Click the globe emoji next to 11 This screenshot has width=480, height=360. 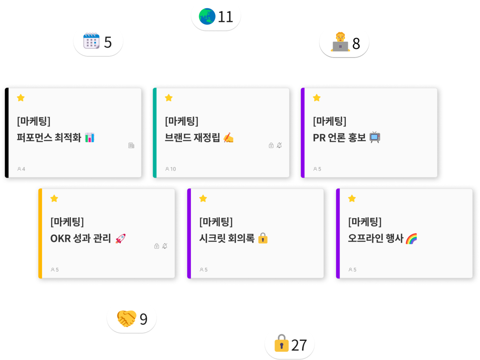(207, 16)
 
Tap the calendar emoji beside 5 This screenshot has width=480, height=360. (91, 40)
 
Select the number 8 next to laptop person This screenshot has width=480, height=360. (356, 43)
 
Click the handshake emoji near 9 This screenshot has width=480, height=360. (126, 318)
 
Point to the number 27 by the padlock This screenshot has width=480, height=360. (299, 345)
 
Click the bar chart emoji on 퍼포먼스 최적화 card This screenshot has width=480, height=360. (90, 138)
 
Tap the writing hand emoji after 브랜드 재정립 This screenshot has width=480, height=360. (228, 138)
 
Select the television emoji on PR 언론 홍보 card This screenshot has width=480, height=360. (375, 137)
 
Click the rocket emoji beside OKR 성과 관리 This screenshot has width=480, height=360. (120, 238)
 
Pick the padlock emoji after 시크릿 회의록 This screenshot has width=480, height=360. (262, 238)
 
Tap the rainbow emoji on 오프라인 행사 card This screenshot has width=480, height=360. (411, 238)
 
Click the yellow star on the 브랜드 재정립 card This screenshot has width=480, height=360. (169, 98)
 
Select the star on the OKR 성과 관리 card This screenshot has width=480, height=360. (54, 198)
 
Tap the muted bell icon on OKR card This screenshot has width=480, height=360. (165, 246)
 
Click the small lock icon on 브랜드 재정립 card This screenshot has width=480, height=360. (271, 145)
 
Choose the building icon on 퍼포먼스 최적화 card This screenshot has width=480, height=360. (131, 145)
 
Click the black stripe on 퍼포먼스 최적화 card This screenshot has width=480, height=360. (7, 133)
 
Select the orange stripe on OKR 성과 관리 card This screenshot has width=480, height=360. (40, 234)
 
